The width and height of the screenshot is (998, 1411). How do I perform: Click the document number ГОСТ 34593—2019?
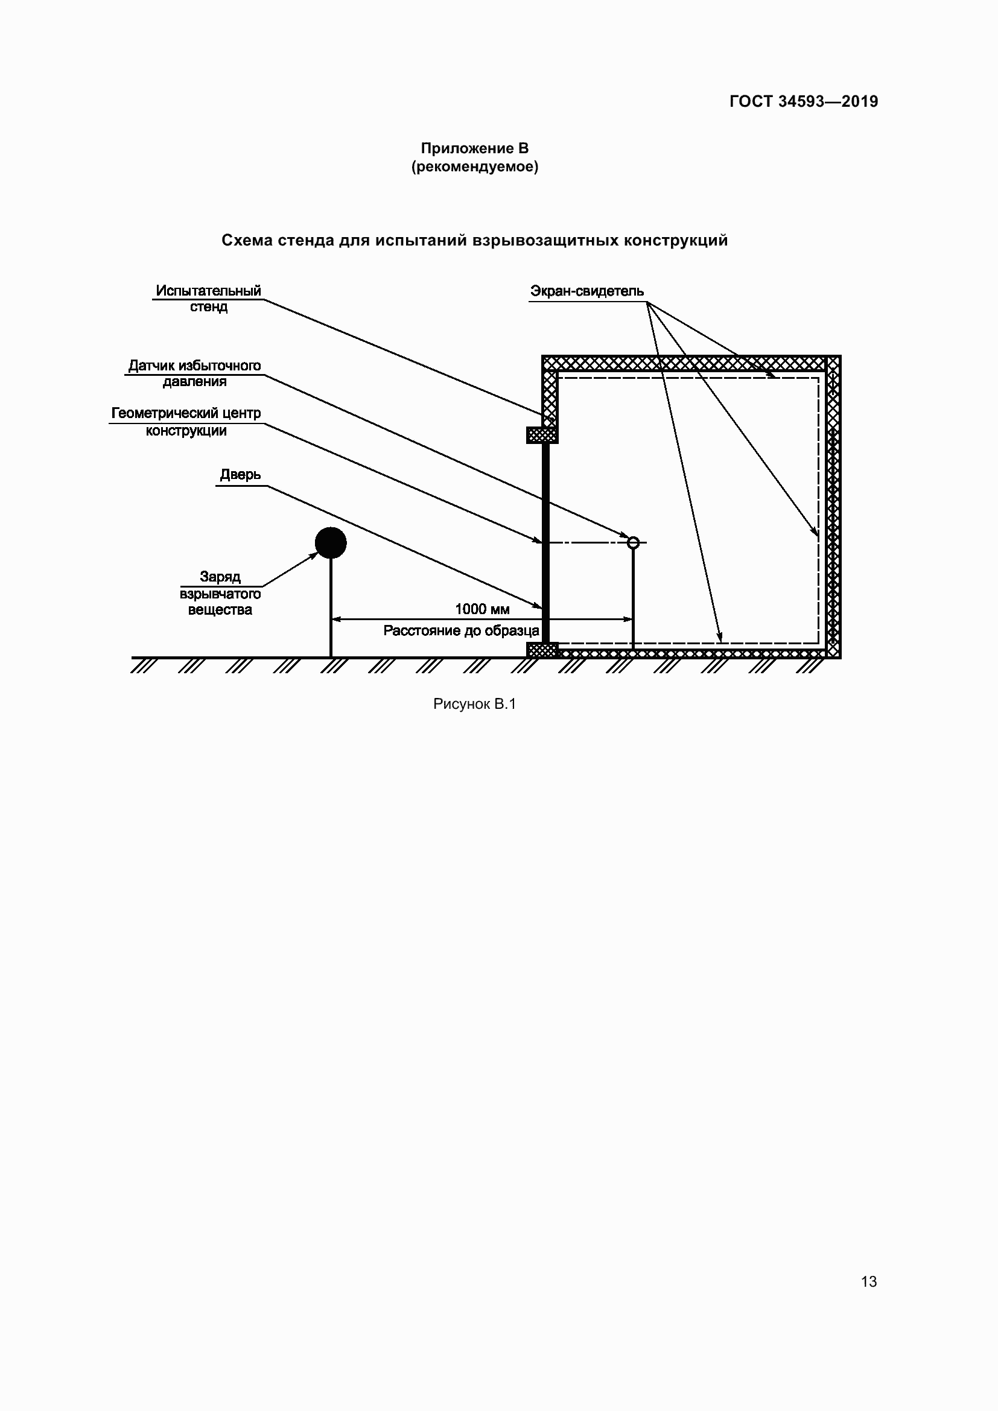pyautogui.click(x=803, y=101)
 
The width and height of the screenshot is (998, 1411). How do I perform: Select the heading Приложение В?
pyautogui.click(x=474, y=148)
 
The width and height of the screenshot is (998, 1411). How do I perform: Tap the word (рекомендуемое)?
pyautogui.click(x=474, y=166)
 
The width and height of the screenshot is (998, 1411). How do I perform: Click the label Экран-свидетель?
pyautogui.click(x=587, y=291)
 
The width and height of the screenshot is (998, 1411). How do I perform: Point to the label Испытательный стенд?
pyautogui.click(x=208, y=299)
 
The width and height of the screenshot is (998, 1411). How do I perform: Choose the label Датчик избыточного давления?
pyautogui.click(x=194, y=373)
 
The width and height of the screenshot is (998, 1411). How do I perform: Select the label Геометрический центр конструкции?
pyautogui.click(x=186, y=422)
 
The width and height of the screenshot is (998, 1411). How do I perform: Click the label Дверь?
pyautogui.click(x=240, y=475)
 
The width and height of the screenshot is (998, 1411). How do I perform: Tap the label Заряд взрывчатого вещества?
pyautogui.click(x=220, y=593)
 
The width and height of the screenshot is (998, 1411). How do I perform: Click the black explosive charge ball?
pyautogui.click(x=331, y=543)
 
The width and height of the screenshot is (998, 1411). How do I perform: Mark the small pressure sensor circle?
pyautogui.click(x=633, y=543)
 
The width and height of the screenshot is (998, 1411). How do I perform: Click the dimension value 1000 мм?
pyautogui.click(x=483, y=609)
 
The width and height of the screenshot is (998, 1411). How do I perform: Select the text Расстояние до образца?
pyautogui.click(x=461, y=630)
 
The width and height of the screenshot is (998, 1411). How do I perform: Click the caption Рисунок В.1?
pyautogui.click(x=474, y=704)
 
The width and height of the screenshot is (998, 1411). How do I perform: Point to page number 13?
pyautogui.click(x=868, y=1281)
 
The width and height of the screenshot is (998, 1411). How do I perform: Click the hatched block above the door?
pyautogui.click(x=542, y=435)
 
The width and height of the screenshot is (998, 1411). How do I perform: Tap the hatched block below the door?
pyautogui.click(x=542, y=650)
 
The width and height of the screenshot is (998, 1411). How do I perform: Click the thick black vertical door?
pyautogui.click(x=545, y=541)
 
